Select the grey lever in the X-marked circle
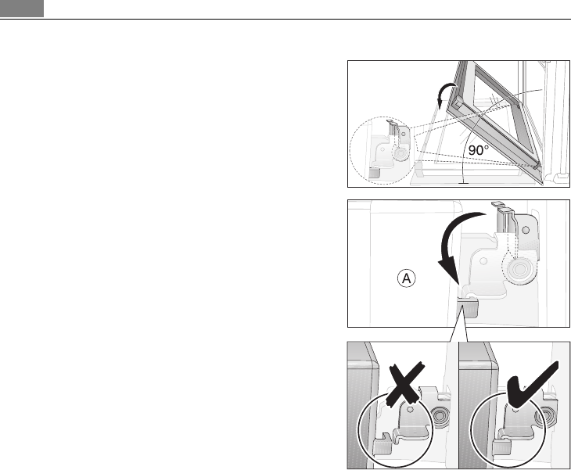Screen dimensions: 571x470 382,446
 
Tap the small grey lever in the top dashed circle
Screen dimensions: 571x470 375,168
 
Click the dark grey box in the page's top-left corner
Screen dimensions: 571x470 21,8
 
